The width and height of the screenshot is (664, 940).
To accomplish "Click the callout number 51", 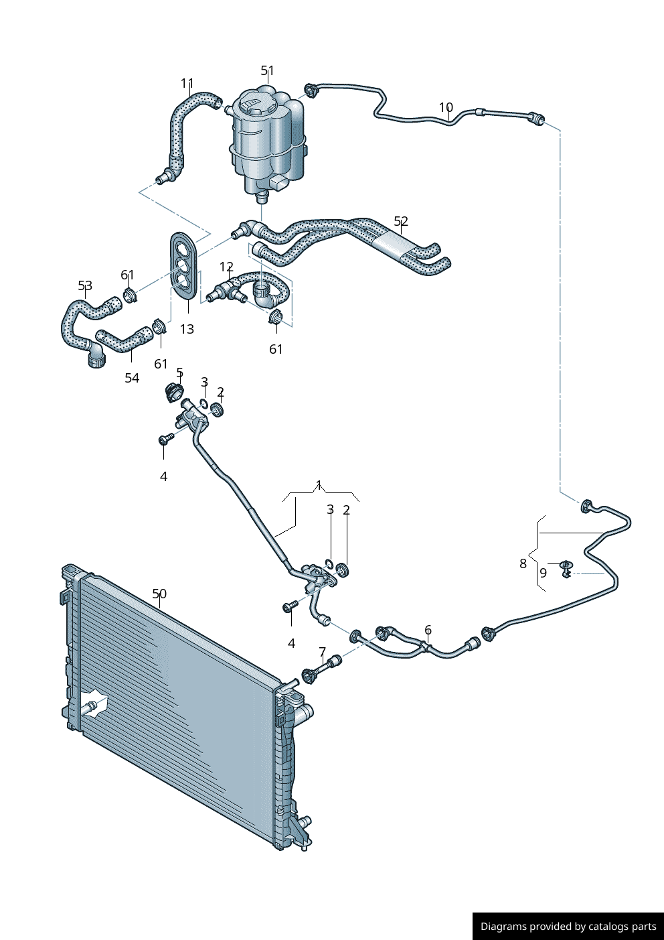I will (267, 70).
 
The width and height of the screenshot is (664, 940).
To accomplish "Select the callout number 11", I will (187, 84).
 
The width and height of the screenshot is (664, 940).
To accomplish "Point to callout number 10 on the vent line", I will (446, 107).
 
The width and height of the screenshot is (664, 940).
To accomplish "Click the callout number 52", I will (400, 221).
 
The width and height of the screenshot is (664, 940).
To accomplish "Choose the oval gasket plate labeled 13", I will (183, 265).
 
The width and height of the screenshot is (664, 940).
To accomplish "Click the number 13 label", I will (187, 329).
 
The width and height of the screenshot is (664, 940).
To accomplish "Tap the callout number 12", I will (226, 267).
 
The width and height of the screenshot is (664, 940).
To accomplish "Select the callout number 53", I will (85, 286).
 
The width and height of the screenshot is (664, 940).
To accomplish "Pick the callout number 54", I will (132, 378).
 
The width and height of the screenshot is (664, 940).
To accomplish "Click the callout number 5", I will (179, 373).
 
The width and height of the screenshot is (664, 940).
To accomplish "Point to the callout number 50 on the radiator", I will (159, 594).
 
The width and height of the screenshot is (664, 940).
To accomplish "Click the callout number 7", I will (322, 652).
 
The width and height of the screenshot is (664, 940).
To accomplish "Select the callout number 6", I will (428, 630).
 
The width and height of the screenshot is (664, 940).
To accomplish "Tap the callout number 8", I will (523, 563).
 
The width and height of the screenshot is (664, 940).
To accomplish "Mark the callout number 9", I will (543, 573).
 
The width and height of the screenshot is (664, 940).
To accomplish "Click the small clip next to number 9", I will (566, 569).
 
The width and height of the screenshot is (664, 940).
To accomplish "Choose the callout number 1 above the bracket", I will (319, 485).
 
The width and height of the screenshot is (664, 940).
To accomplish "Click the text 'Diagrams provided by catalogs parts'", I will (568, 927).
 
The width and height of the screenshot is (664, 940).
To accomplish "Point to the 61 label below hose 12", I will (276, 349).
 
